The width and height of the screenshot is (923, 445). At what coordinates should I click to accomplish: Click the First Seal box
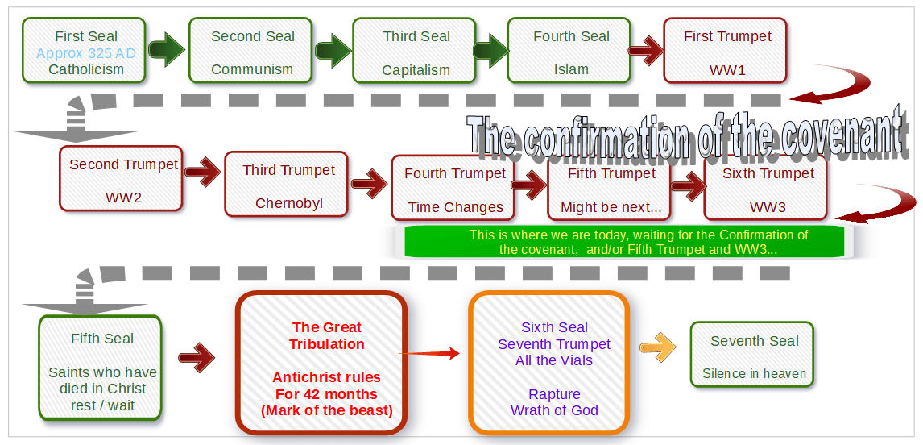[85, 49]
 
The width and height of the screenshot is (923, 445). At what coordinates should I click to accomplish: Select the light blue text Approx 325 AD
[86, 54]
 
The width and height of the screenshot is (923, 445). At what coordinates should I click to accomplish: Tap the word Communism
[252, 69]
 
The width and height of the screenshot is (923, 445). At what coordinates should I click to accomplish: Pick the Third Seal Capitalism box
[415, 49]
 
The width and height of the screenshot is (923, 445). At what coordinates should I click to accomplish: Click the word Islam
[571, 69]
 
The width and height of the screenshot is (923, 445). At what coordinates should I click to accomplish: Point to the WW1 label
[727, 71]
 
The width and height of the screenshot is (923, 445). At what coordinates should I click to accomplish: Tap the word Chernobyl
[288, 203]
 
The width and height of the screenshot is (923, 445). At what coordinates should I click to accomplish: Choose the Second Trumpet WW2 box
[121, 179]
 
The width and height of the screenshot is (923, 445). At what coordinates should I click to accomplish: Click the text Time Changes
[456, 207]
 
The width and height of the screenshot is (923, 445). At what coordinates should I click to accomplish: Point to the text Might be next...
[611, 207]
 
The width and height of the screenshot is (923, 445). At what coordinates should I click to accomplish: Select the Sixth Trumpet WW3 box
[765, 187]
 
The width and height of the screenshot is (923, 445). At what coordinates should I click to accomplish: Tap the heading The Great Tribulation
[327, 335]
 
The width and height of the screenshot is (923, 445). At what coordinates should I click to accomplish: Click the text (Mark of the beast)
[327, 410]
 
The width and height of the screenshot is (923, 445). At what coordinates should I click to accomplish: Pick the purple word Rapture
[554, 393]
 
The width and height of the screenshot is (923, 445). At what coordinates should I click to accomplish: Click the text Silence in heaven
[754, 374]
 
